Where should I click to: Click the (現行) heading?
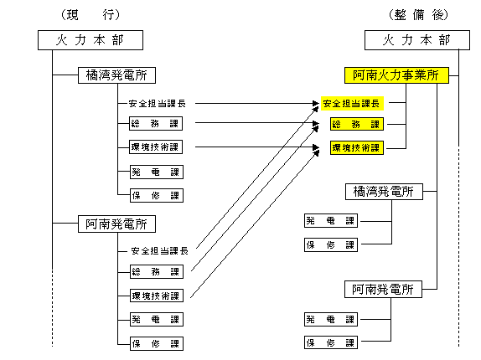pos(91,15)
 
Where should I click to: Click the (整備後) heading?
pos(418,15)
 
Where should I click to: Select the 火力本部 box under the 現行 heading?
pos(91,40)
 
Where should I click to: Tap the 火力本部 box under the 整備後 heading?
pos(417,40)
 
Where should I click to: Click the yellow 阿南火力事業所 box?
pos(396,75)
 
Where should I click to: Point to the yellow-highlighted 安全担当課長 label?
pos(352,104)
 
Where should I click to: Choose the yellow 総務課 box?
pos(357,124)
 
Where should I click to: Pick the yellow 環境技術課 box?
pos(357,147)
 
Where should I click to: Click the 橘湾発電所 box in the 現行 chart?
pos(116,75)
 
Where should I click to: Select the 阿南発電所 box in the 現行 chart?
pos(116,224)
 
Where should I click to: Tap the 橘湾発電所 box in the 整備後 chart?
pos(384,192)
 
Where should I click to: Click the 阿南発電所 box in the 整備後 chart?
pos(383,289)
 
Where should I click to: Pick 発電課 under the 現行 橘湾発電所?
pos(157,172)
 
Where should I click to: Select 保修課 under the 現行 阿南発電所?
pos(157,343)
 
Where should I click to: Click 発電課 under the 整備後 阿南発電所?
pos(331,319)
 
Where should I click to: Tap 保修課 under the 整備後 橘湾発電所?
pos(331,244)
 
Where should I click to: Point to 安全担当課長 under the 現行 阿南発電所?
pos(159,251)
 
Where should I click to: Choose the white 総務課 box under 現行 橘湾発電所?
pos(156,123)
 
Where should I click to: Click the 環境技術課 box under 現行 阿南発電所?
pos(157,296)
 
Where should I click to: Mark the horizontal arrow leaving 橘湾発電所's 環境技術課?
pos(257,147)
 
